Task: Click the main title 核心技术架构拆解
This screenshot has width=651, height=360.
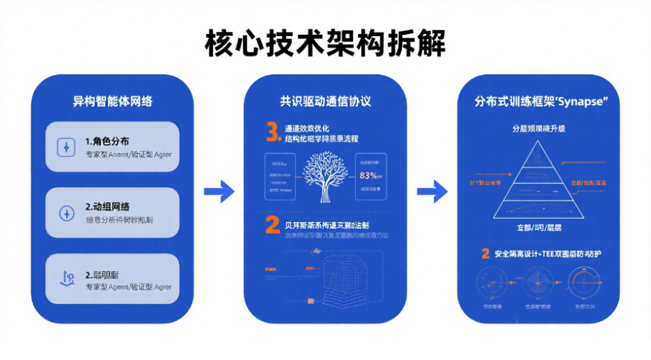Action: [x=325, y=42]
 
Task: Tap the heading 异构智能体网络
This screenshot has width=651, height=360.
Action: [x=112, y=102]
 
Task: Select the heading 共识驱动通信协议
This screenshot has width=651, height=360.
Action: [x=325, y=102]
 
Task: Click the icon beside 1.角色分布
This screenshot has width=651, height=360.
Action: [x=66, y=147]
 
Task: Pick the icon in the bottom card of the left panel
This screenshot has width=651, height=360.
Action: [x=66, y=278]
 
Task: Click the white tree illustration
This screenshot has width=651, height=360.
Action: [x=324, y=177]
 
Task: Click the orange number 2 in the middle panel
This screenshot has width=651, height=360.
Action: [x=272, y=225]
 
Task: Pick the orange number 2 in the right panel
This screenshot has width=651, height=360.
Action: [x=485, y=254]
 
